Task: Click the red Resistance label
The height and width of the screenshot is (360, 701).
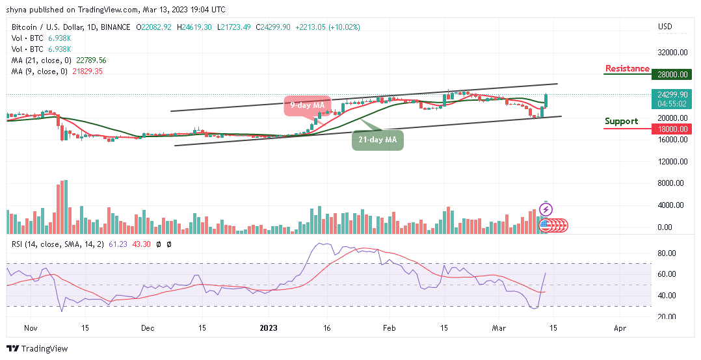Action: (627, 69)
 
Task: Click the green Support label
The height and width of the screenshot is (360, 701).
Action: (621, 122)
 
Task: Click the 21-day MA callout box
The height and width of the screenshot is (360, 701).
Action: (377, 139)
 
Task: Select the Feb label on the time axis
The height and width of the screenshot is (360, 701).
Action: (389, 329)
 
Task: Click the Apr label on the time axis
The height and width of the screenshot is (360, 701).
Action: (620, 329)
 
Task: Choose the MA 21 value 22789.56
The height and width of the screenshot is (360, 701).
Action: (92, 60)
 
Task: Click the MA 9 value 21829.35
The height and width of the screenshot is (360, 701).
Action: (88, 71)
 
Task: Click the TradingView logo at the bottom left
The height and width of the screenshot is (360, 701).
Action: (37, 349)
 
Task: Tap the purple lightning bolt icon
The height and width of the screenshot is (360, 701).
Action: (546, 209)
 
